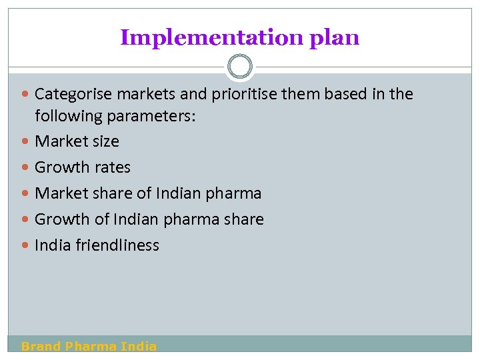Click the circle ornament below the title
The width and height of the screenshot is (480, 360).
[240, 67]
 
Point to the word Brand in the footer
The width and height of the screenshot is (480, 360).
[41, 346]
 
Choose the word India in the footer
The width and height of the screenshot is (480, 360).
[139, 346]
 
